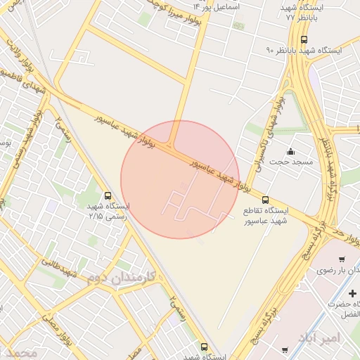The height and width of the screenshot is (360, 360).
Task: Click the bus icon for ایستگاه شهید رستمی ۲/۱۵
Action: tap(108, 195)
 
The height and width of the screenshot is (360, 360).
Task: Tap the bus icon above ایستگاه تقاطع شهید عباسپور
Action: tap(265, 200)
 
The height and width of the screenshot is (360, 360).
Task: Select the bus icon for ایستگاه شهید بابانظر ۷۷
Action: tap(304, 39)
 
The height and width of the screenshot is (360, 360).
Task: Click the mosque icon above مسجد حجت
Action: tap(291, 152)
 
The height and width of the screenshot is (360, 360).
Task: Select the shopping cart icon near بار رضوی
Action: tap(342, 259)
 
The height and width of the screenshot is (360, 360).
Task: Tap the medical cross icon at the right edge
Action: tap(352, 292)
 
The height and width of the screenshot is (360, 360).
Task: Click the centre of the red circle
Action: tap(180, 179)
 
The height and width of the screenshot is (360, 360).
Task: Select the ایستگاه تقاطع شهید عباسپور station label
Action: tap(266, 216)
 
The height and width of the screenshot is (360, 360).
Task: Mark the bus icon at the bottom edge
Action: tap(205, 347)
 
